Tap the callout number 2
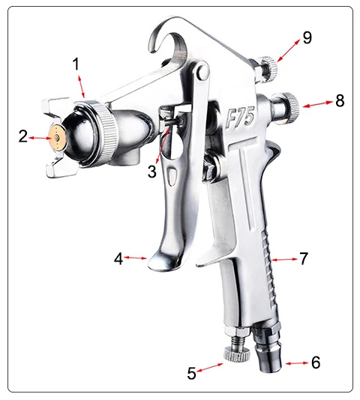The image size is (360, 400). point(23,136)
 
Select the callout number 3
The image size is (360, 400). point(152,172)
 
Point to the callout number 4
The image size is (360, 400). point(118,258)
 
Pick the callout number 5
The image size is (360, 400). point(192,372)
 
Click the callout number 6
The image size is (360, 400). point(316,363)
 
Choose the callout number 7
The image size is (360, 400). point(304,258)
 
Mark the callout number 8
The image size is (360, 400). point(340,100)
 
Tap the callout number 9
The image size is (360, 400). point(307,38)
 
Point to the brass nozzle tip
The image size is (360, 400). point(54,137)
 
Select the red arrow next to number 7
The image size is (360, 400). point(283,259)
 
